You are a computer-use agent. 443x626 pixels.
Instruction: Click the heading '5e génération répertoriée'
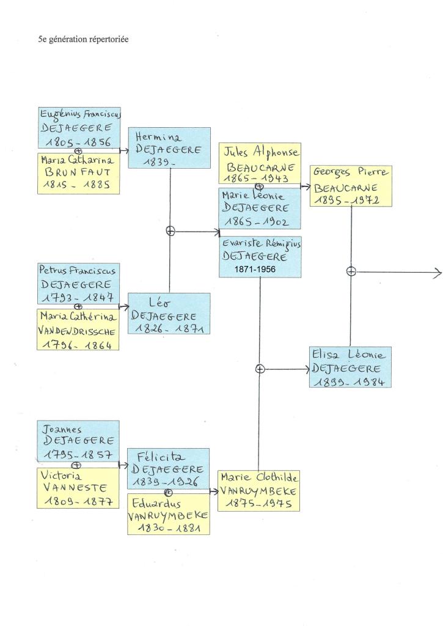(x=83, y=40)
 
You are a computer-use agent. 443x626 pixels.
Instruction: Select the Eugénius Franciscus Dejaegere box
(x=78, y=127)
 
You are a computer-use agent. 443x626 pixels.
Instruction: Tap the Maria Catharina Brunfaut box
(x=78, y=173)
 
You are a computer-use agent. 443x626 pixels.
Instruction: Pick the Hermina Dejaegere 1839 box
(x=169, y=147)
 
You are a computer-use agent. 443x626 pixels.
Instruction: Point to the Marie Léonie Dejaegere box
(x=260, y=208)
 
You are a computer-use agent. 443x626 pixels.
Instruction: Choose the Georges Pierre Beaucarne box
(x=351, y=186)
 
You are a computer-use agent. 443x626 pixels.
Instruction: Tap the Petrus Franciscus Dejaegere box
(x=78, y=284)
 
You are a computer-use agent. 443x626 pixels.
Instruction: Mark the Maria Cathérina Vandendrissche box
(x=78, y=330)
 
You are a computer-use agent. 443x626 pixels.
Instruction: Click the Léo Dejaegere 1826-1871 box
(x=169, y=314)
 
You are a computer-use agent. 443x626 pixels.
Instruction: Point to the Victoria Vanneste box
(x=78, y=488)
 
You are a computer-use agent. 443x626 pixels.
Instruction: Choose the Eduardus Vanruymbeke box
(x=168, y=514)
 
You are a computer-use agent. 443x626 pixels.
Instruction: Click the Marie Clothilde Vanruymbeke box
(x=258, y=490)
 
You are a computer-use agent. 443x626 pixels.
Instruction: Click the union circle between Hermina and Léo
(x=170, y=231)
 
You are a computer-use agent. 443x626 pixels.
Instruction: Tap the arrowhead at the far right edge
(x=438, y=271)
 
